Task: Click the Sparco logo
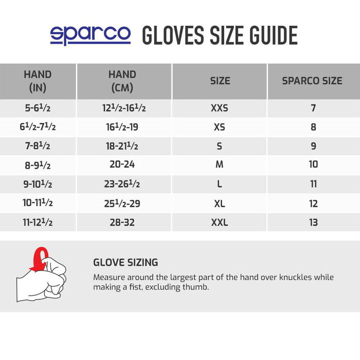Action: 90,34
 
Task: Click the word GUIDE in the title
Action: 270,35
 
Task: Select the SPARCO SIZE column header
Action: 312,81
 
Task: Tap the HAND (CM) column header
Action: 122,81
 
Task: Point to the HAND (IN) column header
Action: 38,81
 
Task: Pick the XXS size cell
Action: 219,108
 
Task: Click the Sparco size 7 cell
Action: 313,108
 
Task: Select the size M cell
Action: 219,165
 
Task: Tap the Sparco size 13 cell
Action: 313,222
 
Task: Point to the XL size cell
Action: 219,203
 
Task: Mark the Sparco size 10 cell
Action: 313,165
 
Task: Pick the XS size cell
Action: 219,127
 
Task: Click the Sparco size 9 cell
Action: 313,146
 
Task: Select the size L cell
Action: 219,184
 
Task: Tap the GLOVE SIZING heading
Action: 125,262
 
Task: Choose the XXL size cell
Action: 219,222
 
